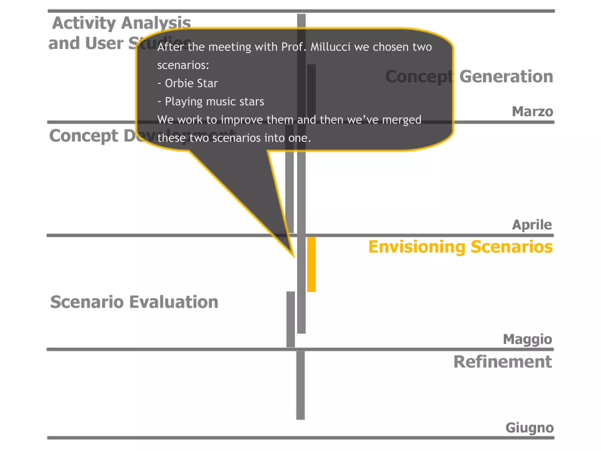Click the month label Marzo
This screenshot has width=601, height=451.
pyautogui.click(x=532, y=112)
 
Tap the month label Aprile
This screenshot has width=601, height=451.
pyautogui.click(x=532, y=225)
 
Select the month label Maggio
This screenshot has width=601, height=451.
pyautogui.click(x=527, y=339)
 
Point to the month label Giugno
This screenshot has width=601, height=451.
pyautogui.click(x=529, y=428)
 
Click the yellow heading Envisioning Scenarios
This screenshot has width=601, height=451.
pyautogui.click(x=460, y=247)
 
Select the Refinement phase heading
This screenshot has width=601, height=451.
pyautogui.click(x=502, y=362)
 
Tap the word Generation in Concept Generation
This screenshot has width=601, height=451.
pyautogui.click(x=506, y=77)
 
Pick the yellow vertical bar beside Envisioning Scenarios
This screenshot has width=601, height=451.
pyautogui.click(x=311, y=264)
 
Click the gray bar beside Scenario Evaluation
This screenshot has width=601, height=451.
pyautogui.click(x=291, y=319)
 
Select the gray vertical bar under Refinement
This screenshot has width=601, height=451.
pyautogui.click(x=300, y=385)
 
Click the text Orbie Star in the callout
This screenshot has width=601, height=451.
pyautogui.click(x=191, y=83)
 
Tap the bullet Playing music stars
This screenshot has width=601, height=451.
pyautogui.click(x=214, y=102)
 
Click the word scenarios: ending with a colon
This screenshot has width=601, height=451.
pyautogui.click(x=183, y=65)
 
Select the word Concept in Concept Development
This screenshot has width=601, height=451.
pyautogui.click(x=84, y=136)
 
